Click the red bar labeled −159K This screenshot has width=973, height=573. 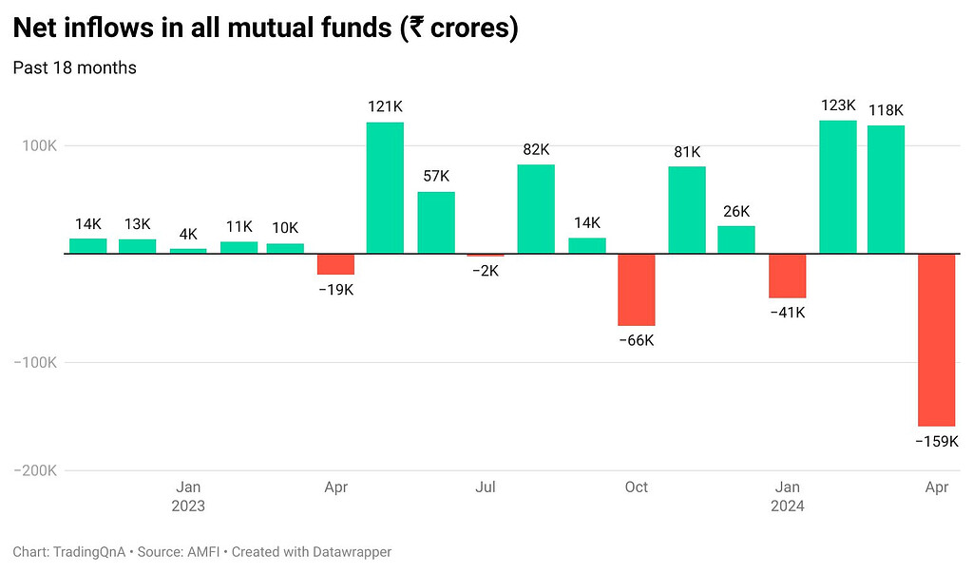[x=936, y=340]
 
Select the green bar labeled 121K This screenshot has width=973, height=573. [x=385, y=188]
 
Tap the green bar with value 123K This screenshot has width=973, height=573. [x=838, y=187]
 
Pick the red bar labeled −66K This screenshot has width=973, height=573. [x=636, y=290]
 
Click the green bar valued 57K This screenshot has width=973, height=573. [x=436, y=223]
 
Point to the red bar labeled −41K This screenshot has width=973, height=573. [x=787, y=276]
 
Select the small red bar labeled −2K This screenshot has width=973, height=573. [x=486, y=256]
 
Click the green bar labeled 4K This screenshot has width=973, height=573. [x=188, y=251]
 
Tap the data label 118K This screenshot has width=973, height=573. [x=885, y=110]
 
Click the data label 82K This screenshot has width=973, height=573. [x=536, y=149]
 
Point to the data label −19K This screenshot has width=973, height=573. [x=335, y=290]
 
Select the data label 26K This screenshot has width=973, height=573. [x=735, y=211]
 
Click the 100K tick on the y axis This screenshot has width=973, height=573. [x=38, y=146]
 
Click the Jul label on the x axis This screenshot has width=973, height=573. [x=486, y=487]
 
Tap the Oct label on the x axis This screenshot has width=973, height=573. [x=636, y=487]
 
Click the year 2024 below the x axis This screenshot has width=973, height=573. [x=787, y=506]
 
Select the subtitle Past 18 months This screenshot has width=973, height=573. [x=74, y=68]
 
